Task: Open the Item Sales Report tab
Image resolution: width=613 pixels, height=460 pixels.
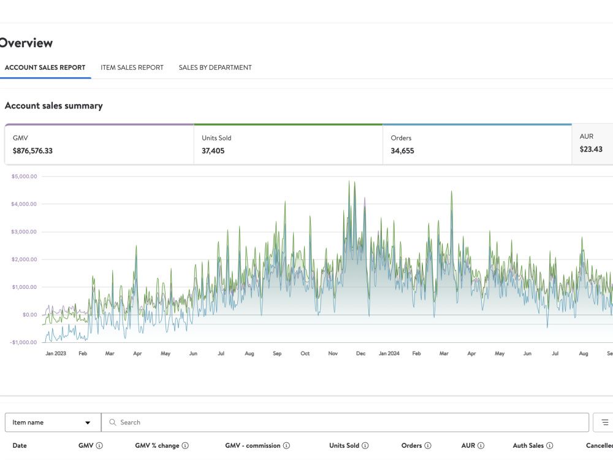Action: click(132, 67)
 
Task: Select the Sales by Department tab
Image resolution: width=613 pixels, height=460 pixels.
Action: click(215, 67)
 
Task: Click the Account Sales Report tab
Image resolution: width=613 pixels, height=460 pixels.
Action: click(45, 67)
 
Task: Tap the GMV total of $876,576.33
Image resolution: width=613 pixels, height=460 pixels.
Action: click(32, 151)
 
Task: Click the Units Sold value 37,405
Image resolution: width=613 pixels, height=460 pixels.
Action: click(213, 151)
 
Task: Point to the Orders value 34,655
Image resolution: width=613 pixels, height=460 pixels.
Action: click(402, 151)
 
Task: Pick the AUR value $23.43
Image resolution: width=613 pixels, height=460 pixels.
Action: click(591, 150)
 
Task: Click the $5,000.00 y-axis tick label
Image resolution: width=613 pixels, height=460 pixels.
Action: click(25, 177)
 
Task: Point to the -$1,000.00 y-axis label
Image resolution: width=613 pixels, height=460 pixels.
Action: click(23, 342)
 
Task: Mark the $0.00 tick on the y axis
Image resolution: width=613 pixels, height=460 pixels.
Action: click(30, 315)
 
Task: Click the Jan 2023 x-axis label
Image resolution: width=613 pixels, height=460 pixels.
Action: click(56, 353)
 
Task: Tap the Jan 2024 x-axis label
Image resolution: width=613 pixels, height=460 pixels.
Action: click(389, 353)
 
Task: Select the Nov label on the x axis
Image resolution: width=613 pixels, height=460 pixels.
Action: click(333, 353)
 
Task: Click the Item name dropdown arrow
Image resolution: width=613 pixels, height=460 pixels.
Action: click(88, 423)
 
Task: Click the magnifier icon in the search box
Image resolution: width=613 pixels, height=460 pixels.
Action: click(113, 423)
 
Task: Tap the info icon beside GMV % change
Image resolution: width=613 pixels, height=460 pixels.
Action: click(185, 445)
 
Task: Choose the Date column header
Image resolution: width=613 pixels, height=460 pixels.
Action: click(20, 445)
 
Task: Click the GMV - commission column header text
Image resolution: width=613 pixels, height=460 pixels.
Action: click(253, 445)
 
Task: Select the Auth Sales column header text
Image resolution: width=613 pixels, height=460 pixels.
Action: click(528, 445)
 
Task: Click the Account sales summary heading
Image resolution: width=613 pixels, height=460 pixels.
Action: click(54, 105)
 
